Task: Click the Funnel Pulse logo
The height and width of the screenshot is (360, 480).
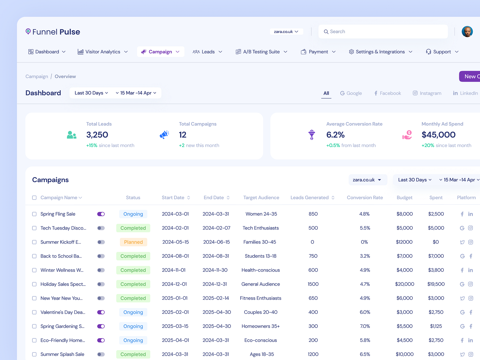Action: [53, 32]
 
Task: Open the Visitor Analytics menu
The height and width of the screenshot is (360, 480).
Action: [103, 52]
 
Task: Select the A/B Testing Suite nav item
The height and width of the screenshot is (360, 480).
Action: [261, 52]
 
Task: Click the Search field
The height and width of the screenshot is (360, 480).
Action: [383, 31]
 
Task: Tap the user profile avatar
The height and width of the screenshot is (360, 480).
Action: [467, 31]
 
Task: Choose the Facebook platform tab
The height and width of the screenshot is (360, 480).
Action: [387, 93]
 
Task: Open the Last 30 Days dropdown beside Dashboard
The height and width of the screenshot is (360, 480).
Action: [91, 93]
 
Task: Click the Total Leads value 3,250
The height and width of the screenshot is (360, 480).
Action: [97, 135]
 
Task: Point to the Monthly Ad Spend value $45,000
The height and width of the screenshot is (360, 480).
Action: [438, 135]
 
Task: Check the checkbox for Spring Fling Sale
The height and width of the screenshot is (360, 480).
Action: [34, 214]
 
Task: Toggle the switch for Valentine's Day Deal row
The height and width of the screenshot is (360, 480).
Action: [101, 312]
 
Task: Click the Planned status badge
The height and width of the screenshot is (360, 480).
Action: [133, 242]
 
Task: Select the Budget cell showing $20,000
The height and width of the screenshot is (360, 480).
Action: [404, 284]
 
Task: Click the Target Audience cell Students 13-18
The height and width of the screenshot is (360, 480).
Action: [260, 256]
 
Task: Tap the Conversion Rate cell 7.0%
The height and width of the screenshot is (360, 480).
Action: [365, 326]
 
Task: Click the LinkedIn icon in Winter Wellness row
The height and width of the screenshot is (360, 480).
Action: [470, 270]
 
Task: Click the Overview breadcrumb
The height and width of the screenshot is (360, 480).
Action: [65, 76]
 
